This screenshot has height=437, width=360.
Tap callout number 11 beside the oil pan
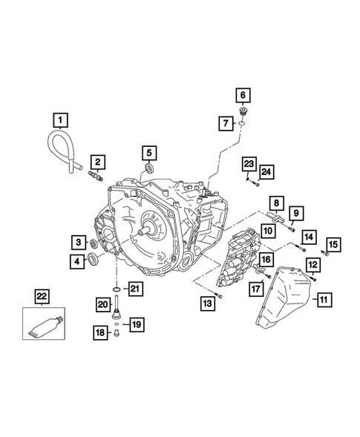[324, 300]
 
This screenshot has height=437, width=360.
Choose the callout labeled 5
[149, 154]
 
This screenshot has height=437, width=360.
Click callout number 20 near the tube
[102, 303]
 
